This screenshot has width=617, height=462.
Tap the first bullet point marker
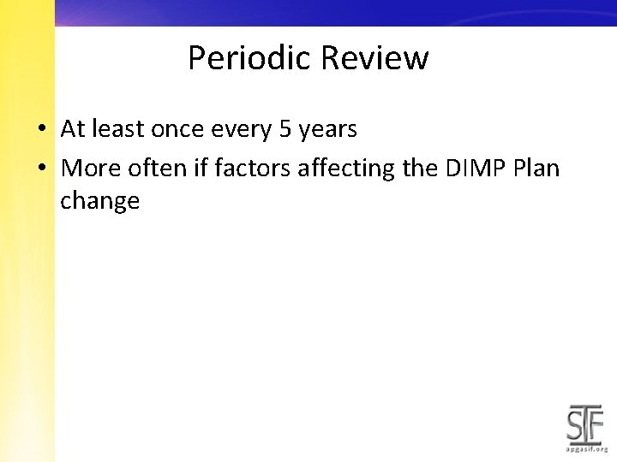pos(41,130)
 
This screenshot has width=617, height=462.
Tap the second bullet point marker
pos(41,168)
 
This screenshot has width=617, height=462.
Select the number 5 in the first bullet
pos(286,129)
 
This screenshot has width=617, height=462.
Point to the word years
pos(327,130)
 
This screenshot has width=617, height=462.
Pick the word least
pos(118,129)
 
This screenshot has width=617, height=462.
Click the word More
pos(87,168)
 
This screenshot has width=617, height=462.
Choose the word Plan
pos(536,168)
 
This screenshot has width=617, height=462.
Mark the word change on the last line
pos(99,202)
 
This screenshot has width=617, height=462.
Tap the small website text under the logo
pos(586,448)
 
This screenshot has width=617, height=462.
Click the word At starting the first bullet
pos(73,129)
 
